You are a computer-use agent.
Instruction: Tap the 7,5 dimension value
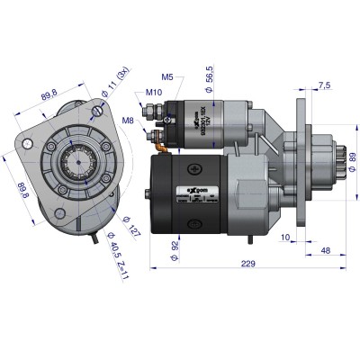(323, 85)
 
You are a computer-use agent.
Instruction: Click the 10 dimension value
(284, 239)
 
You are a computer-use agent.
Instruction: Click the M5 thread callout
(168, 76)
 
